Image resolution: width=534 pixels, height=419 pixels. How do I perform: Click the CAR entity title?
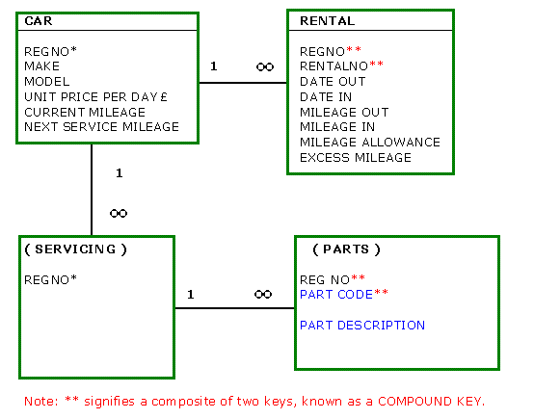pyautogui.click(x=39, y=21)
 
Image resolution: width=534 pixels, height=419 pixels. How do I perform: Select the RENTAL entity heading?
pyautogui.click(x=328, y=21)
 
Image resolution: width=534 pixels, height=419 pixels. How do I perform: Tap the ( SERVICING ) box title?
pyautogui.click(x=75, y=249)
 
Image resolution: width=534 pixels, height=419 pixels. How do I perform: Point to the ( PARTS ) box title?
pyautogui.click(x=346, y=249)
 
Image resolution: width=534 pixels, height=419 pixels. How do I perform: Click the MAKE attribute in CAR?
pyautogui.click(x=41, y=66)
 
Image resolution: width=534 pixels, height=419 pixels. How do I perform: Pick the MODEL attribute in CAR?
pyautogui.click(x=47, y=82)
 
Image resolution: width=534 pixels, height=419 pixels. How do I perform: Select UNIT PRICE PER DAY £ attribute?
pyautogui.click(x=95, y=97)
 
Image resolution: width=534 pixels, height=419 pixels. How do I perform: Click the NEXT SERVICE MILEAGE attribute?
pyautogui.click(x=101, y=127)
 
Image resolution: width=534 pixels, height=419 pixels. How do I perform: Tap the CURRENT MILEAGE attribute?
pyautogui.click(x=85, y=113)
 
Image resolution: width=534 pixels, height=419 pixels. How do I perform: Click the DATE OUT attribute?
pyautogui.click(x=333, y=82)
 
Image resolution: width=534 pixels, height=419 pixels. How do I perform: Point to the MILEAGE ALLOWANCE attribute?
pyautogui.click(x=370, y=142)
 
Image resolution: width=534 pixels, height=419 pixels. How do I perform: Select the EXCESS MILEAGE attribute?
pyautogui.click(x=356, y=158)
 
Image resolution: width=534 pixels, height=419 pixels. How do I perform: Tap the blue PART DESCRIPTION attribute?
pyautogui.click(x=362, y=326)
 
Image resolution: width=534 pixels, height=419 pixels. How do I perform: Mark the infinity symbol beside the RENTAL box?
pyautogui.click(x=265, y=66)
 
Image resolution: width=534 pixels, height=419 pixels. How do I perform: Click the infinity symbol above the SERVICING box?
pyautogui.click(x=119, y=214)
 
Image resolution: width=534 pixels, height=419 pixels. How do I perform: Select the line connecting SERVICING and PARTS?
pyautogui.click(x=234, y=308)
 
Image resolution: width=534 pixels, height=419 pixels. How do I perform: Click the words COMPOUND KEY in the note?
pyautogui.click(x=431, y=402)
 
